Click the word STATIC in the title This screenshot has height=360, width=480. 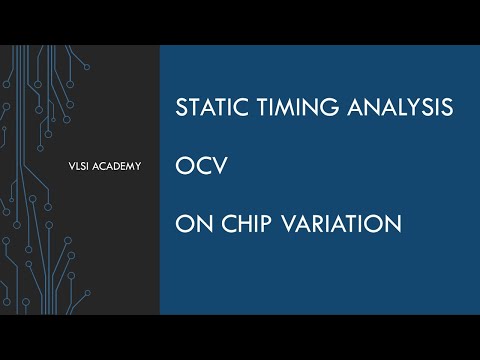click(x=207, y=108)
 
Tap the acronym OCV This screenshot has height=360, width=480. click(x=196, y=166)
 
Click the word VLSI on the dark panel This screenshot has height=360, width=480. click(x=73, y=166)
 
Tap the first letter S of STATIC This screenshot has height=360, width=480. click(x=181, y=108)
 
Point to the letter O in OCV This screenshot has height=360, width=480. click(x=182, y=166)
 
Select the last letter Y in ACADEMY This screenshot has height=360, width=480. click(x=136, y=166)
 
